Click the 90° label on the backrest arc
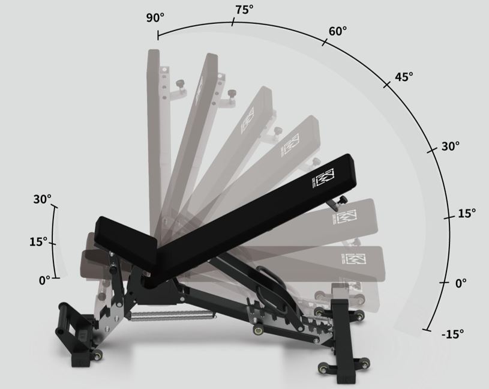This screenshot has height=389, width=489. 155,18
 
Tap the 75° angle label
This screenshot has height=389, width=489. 244,10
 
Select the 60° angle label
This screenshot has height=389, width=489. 337,31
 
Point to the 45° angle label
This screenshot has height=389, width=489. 404,76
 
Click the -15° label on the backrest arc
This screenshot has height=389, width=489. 452,334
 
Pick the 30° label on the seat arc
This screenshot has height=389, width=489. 43,199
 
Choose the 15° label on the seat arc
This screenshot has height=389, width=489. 38,241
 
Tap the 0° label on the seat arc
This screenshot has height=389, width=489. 44,280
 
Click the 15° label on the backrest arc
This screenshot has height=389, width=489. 467,213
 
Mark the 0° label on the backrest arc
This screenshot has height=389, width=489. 461,283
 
